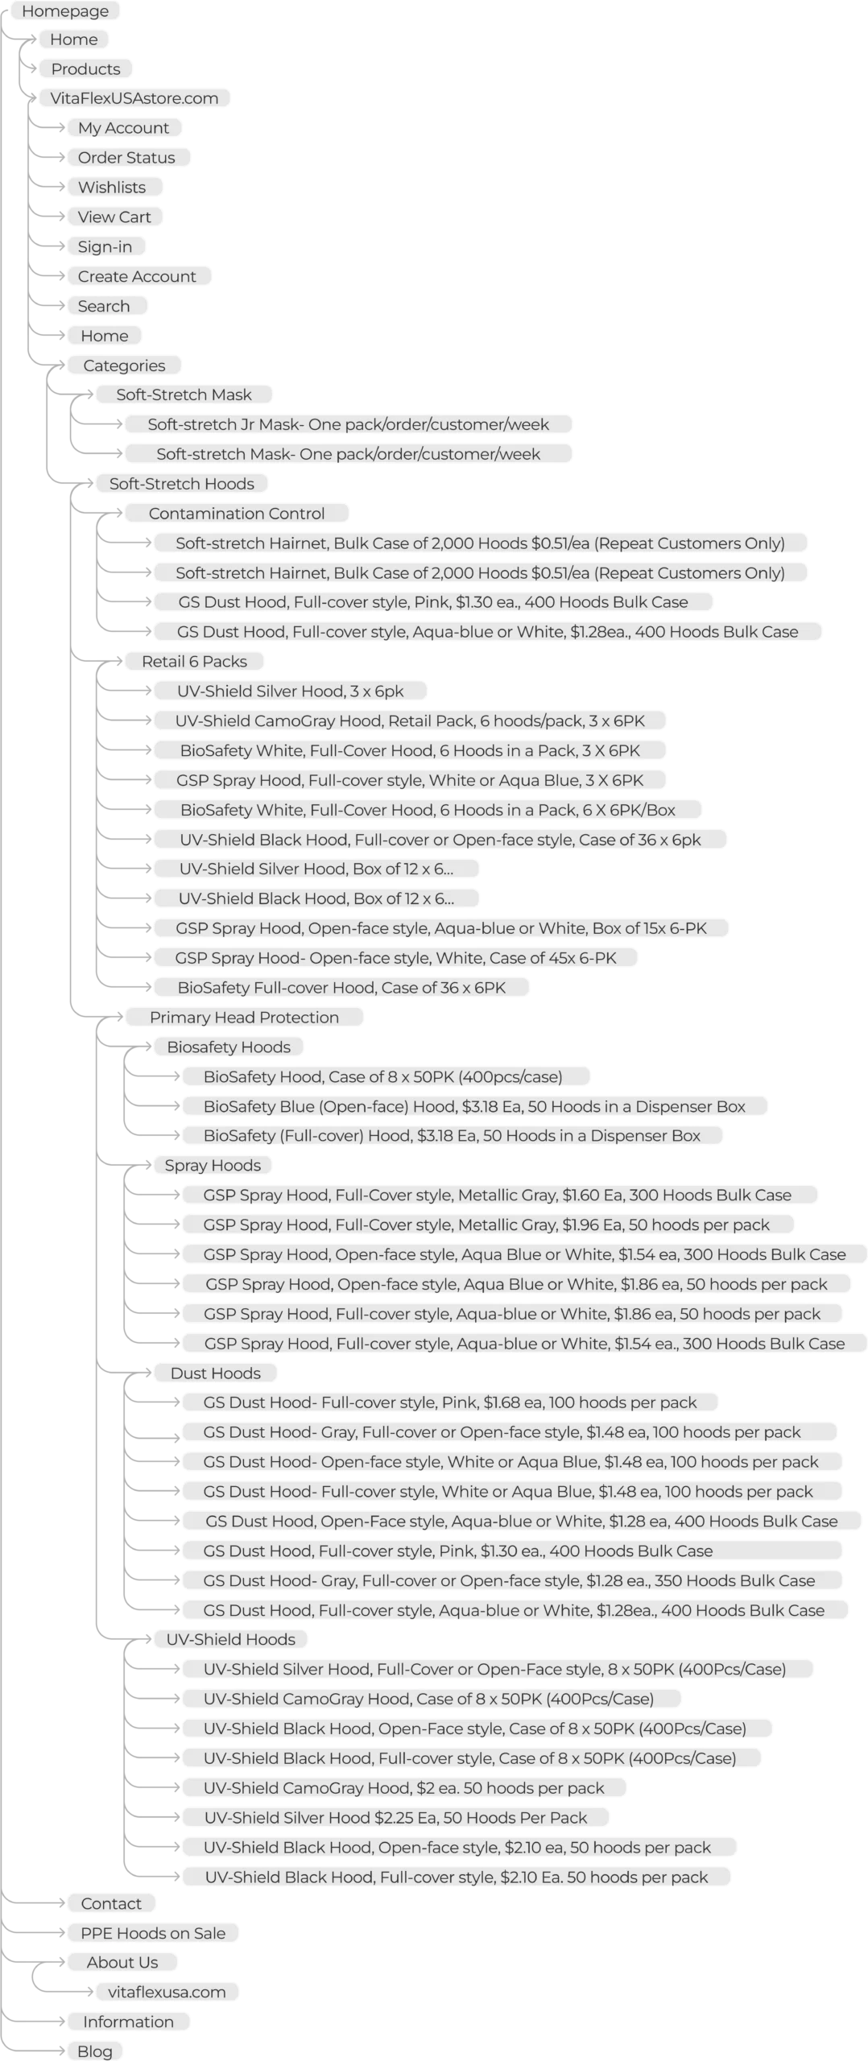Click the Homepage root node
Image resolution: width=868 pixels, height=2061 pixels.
(65, 11)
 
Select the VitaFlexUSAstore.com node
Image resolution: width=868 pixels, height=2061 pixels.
(134, 98)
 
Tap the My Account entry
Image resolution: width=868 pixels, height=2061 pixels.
(123, 128)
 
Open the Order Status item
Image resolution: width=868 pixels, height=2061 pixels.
(126, 158)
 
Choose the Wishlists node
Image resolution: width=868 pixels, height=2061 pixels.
(112, 188)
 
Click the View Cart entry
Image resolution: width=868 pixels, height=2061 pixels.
(114, 217)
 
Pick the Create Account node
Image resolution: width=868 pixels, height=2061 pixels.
(137, 277)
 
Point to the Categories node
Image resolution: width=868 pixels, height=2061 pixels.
(124, 366)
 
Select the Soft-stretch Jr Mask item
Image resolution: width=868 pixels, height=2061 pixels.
(348, 424)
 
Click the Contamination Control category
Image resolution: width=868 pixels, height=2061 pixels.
(237, 514)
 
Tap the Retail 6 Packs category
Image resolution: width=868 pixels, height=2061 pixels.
(194, 662)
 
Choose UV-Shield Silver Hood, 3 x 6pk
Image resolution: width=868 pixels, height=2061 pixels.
(290, 692)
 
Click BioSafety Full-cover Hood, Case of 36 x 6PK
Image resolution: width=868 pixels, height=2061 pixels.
(341, 988)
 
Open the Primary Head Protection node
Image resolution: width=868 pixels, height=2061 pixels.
(244, 1018)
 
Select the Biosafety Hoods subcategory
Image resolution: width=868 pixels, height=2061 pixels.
(229, 1047)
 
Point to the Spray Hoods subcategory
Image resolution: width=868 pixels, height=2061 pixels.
(213, 1166)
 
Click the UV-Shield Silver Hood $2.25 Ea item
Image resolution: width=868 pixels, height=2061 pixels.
(395, 1818)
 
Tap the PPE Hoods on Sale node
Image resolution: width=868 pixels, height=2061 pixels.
(153, 1934)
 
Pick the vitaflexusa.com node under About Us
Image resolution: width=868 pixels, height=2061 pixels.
(167, 1993)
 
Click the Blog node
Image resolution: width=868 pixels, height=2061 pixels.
(95, 2051)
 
